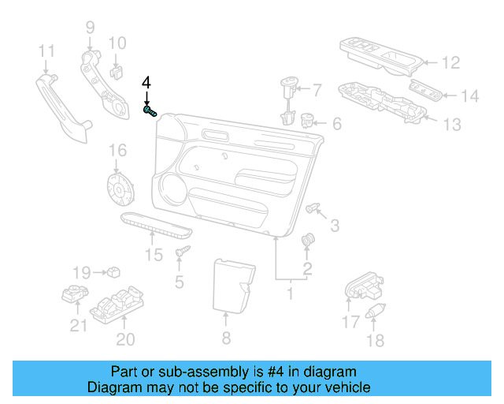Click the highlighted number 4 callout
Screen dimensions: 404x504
point(146,83)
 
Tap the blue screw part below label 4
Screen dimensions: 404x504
point(150,112)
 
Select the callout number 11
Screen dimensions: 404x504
point(46,51)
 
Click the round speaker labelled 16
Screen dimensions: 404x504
point(120,189)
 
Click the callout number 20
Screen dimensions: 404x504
point(125,340)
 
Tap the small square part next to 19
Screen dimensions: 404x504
point(115,272)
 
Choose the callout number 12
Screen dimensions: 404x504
point(450,62)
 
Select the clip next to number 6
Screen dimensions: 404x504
point(308,122)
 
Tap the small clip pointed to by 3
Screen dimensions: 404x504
point(314,208)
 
